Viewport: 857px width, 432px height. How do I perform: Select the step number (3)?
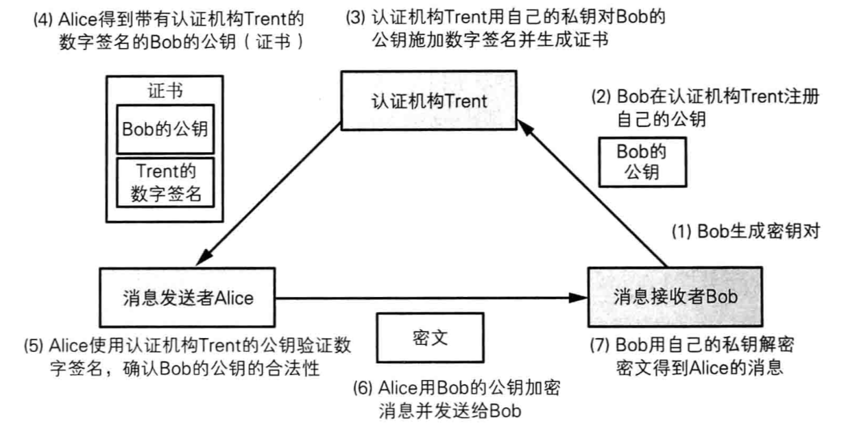pyautogui.click(x=357, y=15)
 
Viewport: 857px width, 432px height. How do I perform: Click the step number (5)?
pyautogui.click(x=14, y=346)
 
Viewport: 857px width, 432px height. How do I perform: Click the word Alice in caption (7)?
pyautogui.click(x=705, y=367)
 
